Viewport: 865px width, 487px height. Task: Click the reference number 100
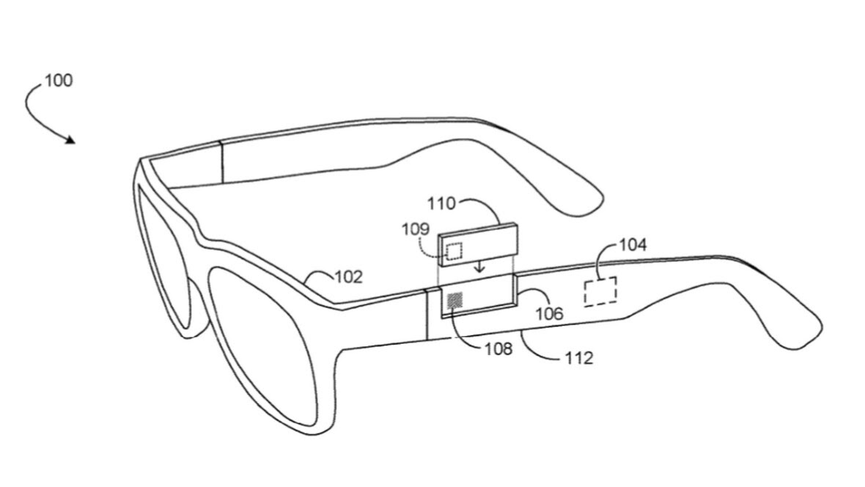[x=59, y=81]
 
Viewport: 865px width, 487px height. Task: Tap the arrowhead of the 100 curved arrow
[x=70, y=140]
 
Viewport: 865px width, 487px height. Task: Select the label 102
[x=349, y=277]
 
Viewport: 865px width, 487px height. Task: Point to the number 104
[x=633, y=244]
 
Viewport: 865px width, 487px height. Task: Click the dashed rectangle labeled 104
[x=600, y=291]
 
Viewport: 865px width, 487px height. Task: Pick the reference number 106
[x=550, y=314]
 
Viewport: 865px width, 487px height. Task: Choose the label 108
[x=498, y=349]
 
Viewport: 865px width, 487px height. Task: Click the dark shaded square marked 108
[x=455, y=301]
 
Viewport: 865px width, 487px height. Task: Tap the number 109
[x=416, y=229]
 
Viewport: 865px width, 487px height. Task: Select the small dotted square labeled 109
[x=454, y=252]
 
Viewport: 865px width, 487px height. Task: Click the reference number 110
[x=441, y=204]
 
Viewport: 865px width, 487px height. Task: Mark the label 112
[x=579, y=359]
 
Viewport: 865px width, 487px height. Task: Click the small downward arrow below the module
[x=480, y=267]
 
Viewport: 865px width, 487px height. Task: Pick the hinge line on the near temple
[x=427, y=314]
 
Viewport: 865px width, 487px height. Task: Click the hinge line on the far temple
[x=222, y=161]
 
